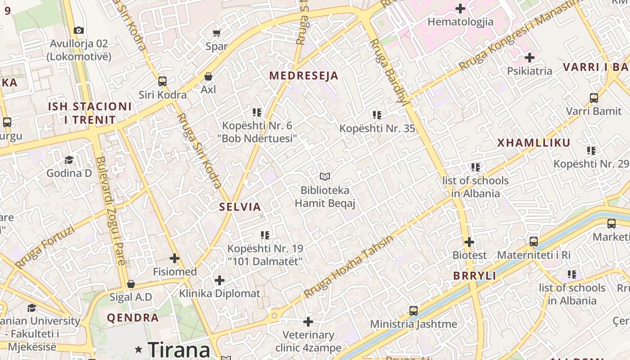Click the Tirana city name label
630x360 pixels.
click(x=179, y=349)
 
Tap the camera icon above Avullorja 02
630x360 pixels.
click(x=79, y=30)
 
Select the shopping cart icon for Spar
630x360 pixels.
click(x=216, y=33)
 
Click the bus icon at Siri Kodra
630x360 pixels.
click(x=162, y=81)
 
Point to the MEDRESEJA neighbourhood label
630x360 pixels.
click(x=303, y=76)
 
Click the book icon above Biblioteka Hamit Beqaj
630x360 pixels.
click(x=325, y=177)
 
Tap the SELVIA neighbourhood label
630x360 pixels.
click(x=240, y=207)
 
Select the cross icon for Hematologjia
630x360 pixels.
click(x=460, y=9)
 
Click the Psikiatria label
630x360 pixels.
click(x=529, y=71)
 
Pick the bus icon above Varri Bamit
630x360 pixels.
click(x=594, y=98)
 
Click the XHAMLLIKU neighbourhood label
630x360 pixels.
click(x=534, y=143)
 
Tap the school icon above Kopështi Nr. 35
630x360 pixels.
click(x=377, y=115)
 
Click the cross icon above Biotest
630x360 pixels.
click(x=469, y=242)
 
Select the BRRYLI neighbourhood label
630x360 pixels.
click(x=474, y=276)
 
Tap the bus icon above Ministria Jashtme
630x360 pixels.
click(x=413, y=310)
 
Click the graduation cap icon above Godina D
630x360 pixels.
click(x=69, y=160)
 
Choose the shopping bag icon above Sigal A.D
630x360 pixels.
click(x=131, y=284)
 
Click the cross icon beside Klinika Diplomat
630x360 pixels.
click(x=220, y=281)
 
